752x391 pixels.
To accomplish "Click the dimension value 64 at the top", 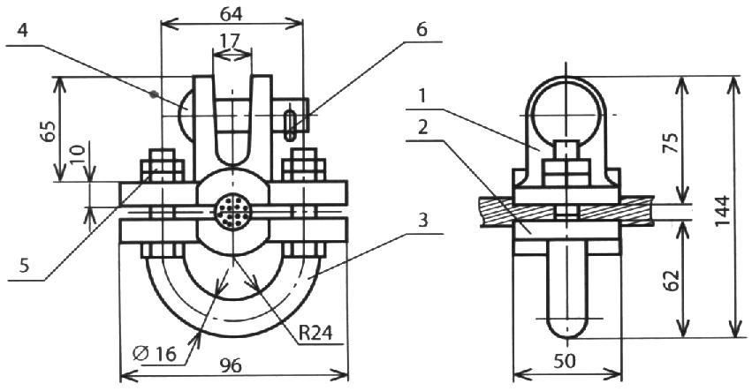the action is tap(232, 14).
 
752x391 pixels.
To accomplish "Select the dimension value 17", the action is tap(231, 41).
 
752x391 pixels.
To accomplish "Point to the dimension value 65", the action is tap(49, 132).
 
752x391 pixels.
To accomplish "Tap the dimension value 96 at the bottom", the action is tap(232, 366).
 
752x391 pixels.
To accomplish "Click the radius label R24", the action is tap(315, 333).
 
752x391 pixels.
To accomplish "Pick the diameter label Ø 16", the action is tap(155, 354).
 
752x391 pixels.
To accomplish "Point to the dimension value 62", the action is tap(672, 280).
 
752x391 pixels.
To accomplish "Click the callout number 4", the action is tap(22, 31).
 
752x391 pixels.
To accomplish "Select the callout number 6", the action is tap(422, 29).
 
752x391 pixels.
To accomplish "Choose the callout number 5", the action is tap(24, 265).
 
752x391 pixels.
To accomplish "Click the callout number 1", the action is tap(422, 96).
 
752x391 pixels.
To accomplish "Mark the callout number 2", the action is tap(422, 127).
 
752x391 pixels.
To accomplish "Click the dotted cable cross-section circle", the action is tap(232, 211).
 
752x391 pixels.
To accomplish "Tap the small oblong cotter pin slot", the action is tap(290, 125).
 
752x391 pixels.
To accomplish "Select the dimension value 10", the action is tap(79, 155).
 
